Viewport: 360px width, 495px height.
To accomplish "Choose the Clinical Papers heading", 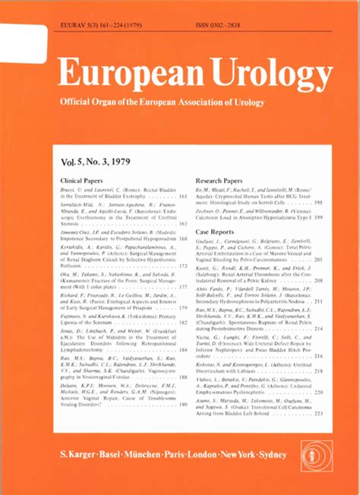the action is tap(81, 181).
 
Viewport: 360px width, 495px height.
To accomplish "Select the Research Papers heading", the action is tap(218, 181).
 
